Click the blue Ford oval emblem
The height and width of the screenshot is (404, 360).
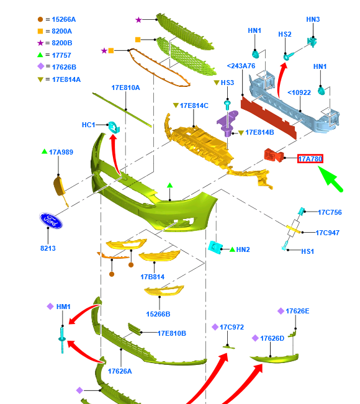(51, 220)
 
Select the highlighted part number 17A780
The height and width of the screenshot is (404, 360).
(310, 159)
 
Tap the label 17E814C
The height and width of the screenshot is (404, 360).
(194, 105)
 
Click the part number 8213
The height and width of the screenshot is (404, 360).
(48, 248)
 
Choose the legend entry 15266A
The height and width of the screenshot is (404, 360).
(64, 19)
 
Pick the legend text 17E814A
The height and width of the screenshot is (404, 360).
(66, 79)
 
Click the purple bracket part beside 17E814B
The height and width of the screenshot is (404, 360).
(227, 123)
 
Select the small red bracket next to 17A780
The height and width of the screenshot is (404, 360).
(274, 155)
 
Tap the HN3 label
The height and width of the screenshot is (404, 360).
(313, 19)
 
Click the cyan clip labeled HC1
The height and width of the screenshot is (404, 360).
(114, 127)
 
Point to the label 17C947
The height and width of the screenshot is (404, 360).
(328, 233)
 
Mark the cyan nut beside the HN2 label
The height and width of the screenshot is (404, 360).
(215, 247)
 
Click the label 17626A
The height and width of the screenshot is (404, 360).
(120, 371)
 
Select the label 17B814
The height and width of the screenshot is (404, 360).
(152, 277)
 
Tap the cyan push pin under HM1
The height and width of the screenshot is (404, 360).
(62, 340)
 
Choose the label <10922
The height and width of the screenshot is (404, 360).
(299, 92)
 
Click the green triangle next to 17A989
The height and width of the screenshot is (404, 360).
(44, 151)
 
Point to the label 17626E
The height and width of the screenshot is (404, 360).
(297, 311)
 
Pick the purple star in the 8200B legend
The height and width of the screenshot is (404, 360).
(40, 43)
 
